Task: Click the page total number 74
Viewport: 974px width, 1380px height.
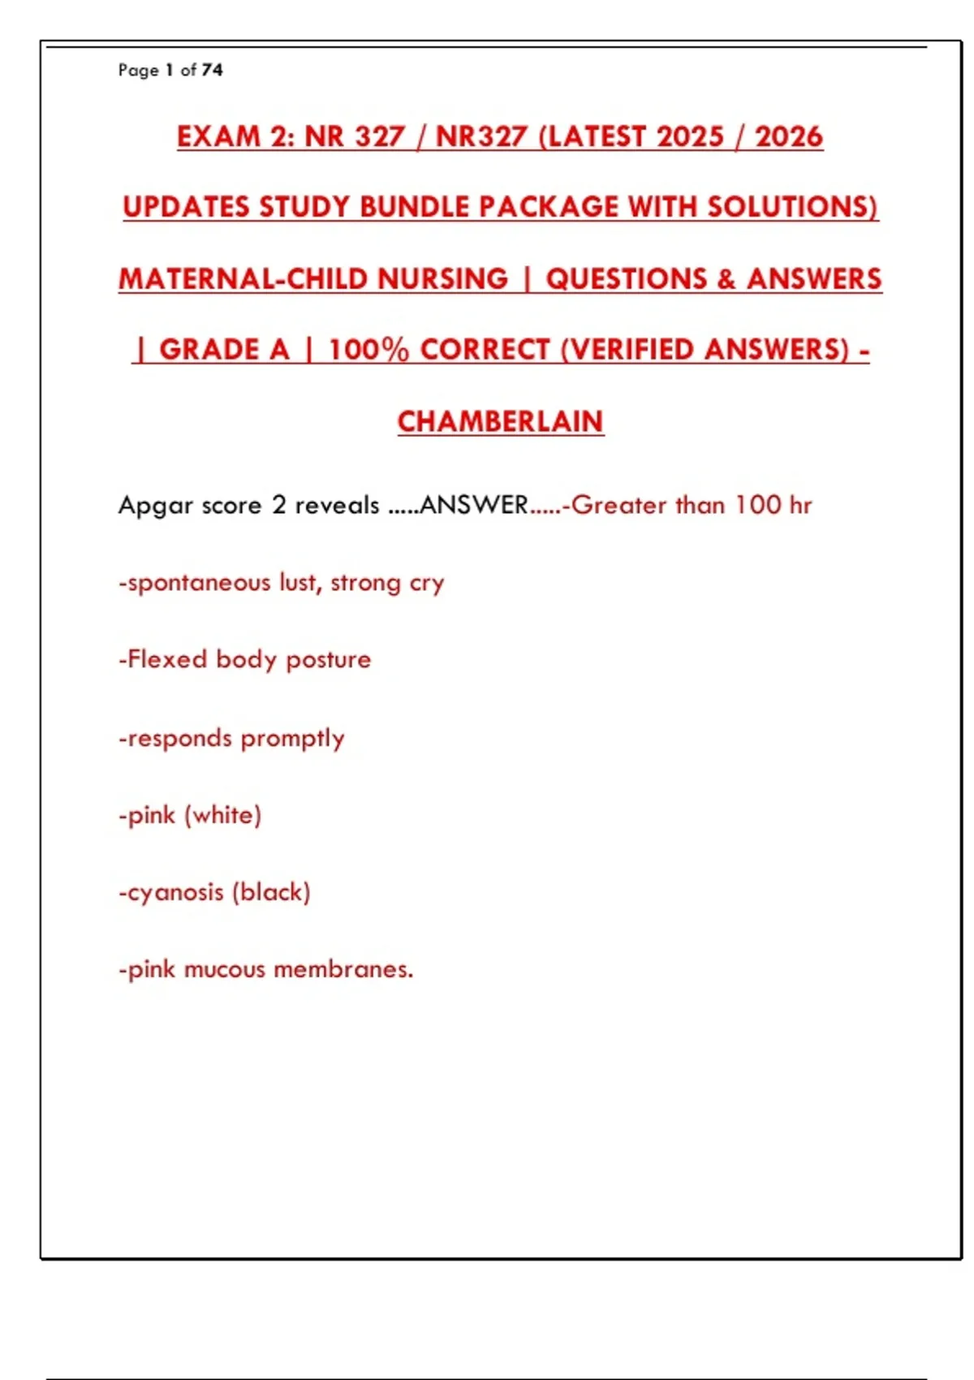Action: tap(213, 70)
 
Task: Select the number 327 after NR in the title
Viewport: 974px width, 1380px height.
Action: tap(378, 136)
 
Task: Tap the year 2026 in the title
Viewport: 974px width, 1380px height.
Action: tap(789, 136)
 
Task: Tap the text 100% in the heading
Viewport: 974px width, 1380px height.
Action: tap(369, 350)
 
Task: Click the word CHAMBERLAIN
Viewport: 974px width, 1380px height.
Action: tap(500, 421)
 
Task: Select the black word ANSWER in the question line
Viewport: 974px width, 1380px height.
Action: tap(474, 505)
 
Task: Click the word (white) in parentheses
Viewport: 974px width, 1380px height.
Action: tap(223, 815)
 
